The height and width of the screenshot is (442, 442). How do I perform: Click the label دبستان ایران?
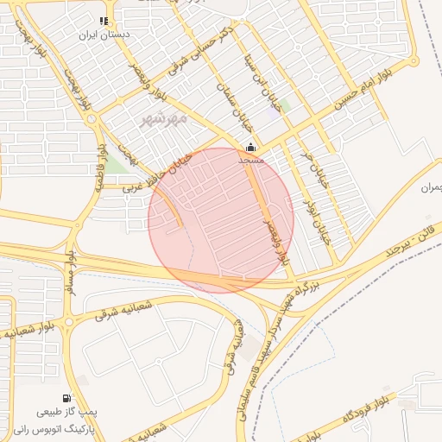tap(104, 36)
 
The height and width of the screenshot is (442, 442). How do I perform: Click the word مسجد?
tap(251, 161)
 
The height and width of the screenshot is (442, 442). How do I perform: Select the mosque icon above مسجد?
tap(251, 148)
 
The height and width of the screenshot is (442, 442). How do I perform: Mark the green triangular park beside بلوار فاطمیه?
tap(115, 163)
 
